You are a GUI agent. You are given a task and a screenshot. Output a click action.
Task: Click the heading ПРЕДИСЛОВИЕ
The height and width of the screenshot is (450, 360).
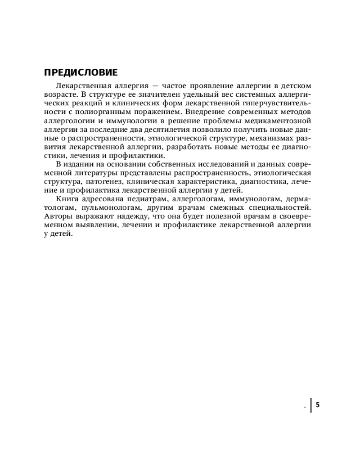point(81,72)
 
